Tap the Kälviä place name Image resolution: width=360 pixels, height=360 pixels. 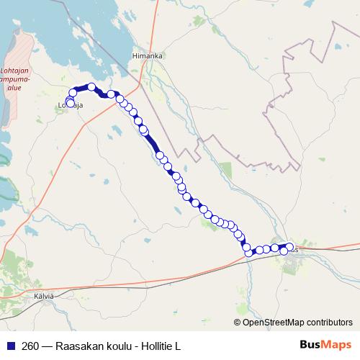pos(45,295)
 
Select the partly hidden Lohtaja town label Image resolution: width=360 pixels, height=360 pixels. pos(71,107)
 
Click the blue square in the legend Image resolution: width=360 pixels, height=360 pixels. pos(11,346)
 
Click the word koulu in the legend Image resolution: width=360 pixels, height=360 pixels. pos(119,346)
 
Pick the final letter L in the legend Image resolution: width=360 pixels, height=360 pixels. pos(177,346)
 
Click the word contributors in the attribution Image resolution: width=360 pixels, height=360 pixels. pos(331,323)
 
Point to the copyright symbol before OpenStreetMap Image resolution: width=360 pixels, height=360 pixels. pos(238,323)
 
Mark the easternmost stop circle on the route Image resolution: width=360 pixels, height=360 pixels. pos(290,248)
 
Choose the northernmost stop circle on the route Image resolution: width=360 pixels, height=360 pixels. pos(91,86)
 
